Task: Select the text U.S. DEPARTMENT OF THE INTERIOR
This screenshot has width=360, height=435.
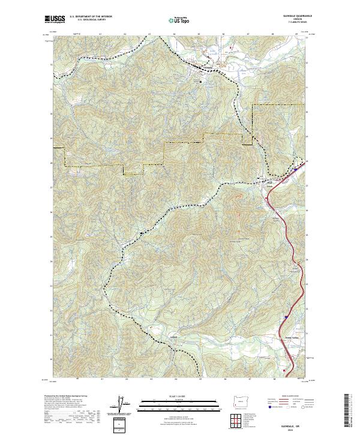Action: [x=91, y=16]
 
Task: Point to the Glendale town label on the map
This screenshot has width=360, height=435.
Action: [x=204, y=67]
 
